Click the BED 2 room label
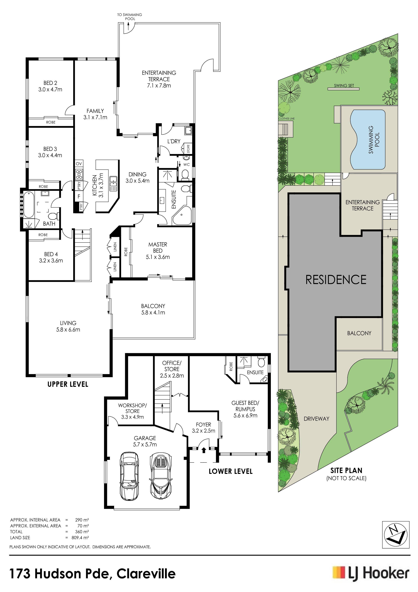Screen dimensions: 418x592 [x=50, y=83]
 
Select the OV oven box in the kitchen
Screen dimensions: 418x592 [x=79, y=164]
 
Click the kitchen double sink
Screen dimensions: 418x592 [x=113, y=183]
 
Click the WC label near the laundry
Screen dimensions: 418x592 [x=186, y=165]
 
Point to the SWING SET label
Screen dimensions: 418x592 [x=344, y=86]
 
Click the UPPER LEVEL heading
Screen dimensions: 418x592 [x=68, y=384]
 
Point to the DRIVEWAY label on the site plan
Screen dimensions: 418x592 [x=317, y=419]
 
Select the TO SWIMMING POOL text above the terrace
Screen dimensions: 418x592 [x=130, y=17]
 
